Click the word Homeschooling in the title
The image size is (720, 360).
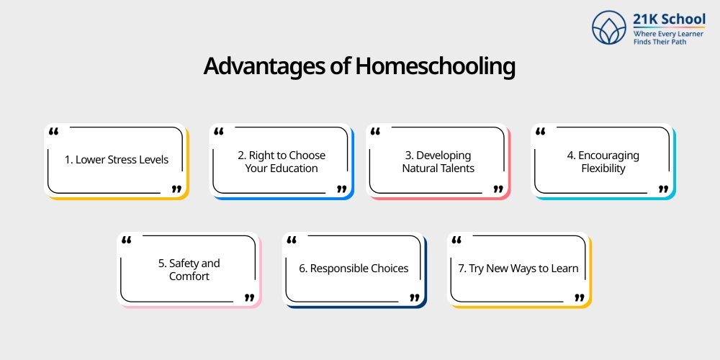pyautogui.click(x=435, y=66)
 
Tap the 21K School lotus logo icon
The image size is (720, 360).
pyautogui.click(x=609, y=27)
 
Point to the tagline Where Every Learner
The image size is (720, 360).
pyautogui.click(x=668, y=33)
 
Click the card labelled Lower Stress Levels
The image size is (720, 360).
pyautogui.click(x=117, y=160)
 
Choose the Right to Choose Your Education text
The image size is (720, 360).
pyautogui.click(x=282, y=162)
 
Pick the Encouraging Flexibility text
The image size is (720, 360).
pyautogui.click(x=603, y=162)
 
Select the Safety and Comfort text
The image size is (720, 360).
pyautogui.click(x=189, y=270)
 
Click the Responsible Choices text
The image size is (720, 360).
pyautogui.click(x=354, y=269)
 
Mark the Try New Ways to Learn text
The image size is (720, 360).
pyautogui.click(x=518, y=269)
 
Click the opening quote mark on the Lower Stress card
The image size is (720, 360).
pyautogui.click(x=53, y=132)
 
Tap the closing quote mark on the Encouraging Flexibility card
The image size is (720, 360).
pyautogui.click(x=663, y=189)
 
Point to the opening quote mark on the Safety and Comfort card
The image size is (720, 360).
pyautogui.click(x=126, y=240)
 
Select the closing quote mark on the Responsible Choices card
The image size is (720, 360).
pyautogui.click(x=414, y=297)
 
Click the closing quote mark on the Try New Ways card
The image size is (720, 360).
pyautogui.click(x=579, y=297)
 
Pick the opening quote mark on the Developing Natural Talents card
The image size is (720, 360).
pyautogui.click(x=375, y=132)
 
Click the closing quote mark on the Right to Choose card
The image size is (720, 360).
pyautogui.click(x=341, y=189)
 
